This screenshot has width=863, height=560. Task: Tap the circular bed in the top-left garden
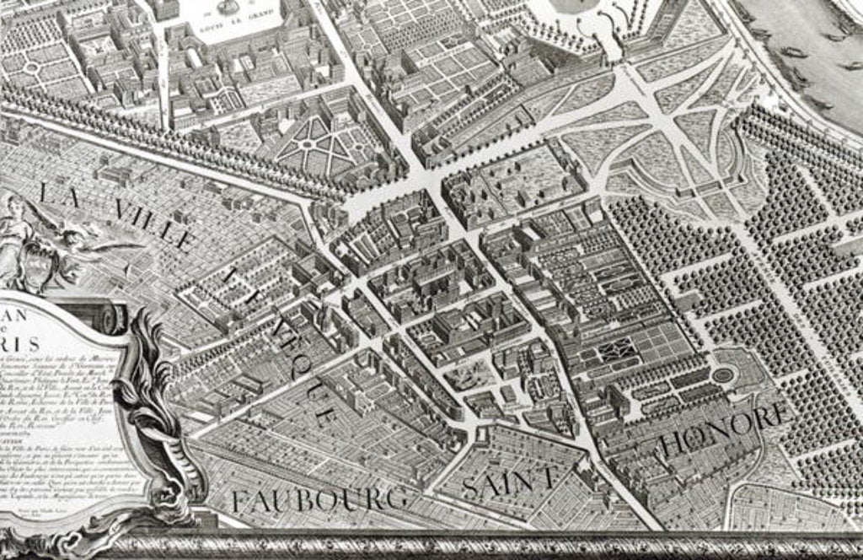click(x=32, y=67)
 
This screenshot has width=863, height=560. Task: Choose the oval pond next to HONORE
click(x=723, y=374)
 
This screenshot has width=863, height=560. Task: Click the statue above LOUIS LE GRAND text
click(x=227, y=8)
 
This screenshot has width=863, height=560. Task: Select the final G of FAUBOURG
click(x=394, y=498)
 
